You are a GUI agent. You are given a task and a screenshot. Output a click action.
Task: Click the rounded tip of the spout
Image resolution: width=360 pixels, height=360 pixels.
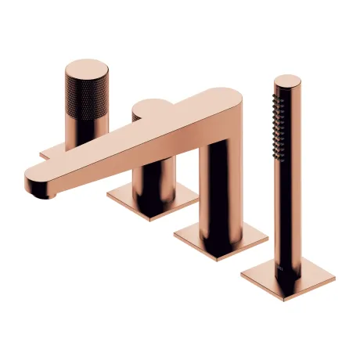point(33,181)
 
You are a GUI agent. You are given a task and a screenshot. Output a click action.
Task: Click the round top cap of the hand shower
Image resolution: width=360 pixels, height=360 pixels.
point(286,81)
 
